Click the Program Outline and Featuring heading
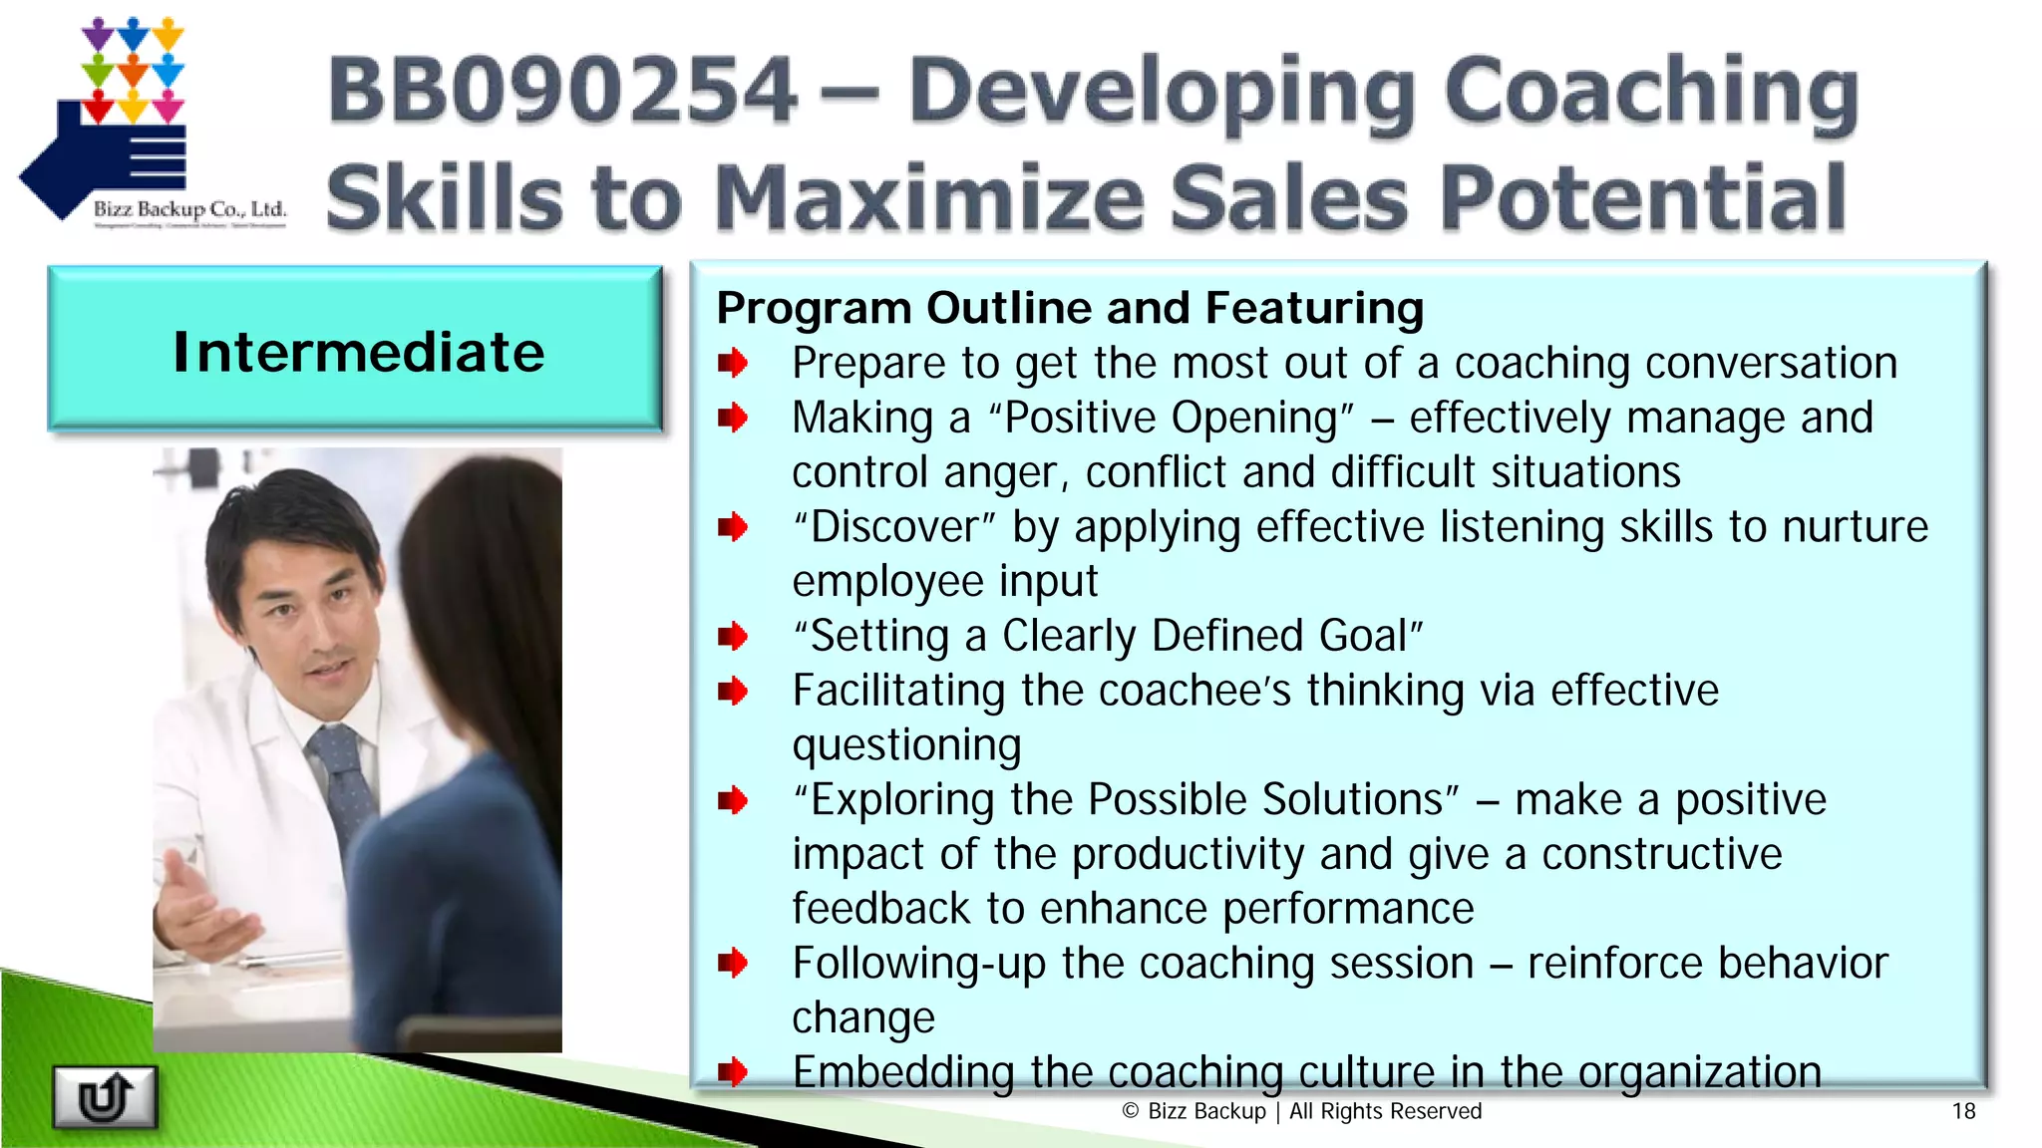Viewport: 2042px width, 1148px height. click(x=1070, y=308)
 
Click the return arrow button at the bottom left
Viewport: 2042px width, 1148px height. click(x=105, y=1097)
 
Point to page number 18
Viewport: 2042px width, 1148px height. click(x=1963, y=1111)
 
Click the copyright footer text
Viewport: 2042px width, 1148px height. click(x=1302, y=1111)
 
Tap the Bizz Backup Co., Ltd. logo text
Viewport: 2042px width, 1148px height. click(x=189, y=209)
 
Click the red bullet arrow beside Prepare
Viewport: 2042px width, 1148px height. click(x=733, y=364)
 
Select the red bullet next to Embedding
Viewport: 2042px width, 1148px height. click(x=733, y=1072)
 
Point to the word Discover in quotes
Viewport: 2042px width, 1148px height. click(x=895, y=527)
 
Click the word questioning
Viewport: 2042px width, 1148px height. click(x=906, y=745)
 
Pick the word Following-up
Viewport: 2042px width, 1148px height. click(x=918, y=964)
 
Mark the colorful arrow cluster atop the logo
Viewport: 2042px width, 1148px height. click(x=133, y=68)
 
